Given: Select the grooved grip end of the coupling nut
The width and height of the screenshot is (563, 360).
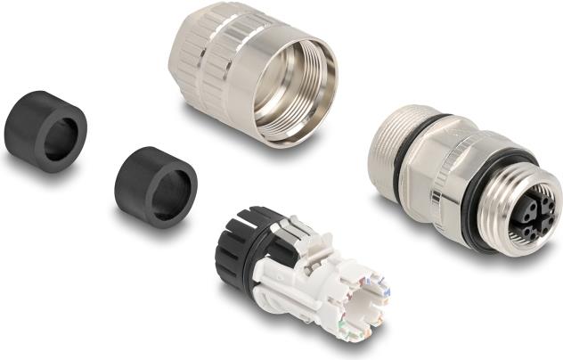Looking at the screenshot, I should click(x=192, y=67).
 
